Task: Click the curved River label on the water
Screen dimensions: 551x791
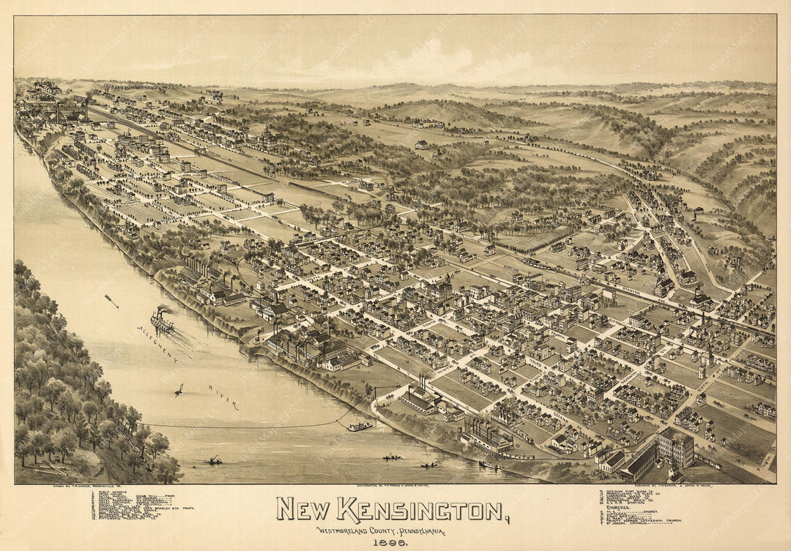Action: (x=223, y=396)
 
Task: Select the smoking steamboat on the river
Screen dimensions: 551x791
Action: (x=162, y=321)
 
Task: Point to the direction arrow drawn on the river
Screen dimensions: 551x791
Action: (x=111, y=300)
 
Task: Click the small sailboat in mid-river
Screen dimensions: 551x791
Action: (x=179, y=389)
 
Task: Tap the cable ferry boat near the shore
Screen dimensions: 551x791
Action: (x=360, y=426)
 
